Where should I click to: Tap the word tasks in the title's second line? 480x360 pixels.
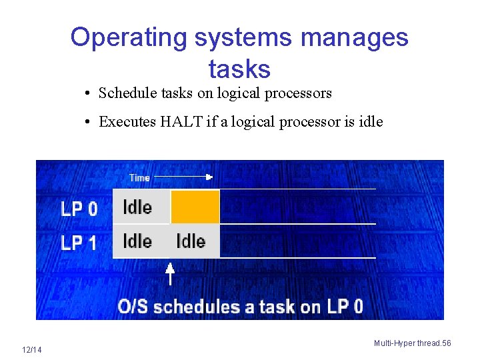[239, 69]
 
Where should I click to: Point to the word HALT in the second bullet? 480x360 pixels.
[179, 121]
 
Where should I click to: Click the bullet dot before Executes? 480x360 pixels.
[88, 121]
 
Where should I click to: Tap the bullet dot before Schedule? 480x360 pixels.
[88, 93]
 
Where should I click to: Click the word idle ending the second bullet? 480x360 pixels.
[371, 121]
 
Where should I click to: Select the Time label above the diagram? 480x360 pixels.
[139, 177]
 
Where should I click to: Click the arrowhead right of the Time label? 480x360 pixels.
[209, 177]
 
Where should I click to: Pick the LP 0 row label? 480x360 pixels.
[79, 209]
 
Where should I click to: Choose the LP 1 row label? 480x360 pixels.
[79, 243]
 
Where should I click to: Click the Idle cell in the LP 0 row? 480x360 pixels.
[137, 207]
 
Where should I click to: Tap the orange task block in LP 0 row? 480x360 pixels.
[195, 207]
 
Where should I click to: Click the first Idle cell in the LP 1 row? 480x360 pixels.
[137, 241]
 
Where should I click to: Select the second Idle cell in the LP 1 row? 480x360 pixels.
[191, 241]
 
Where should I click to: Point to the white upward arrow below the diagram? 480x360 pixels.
[170, 273]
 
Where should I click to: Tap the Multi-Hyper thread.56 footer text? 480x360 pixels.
[412, 343]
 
